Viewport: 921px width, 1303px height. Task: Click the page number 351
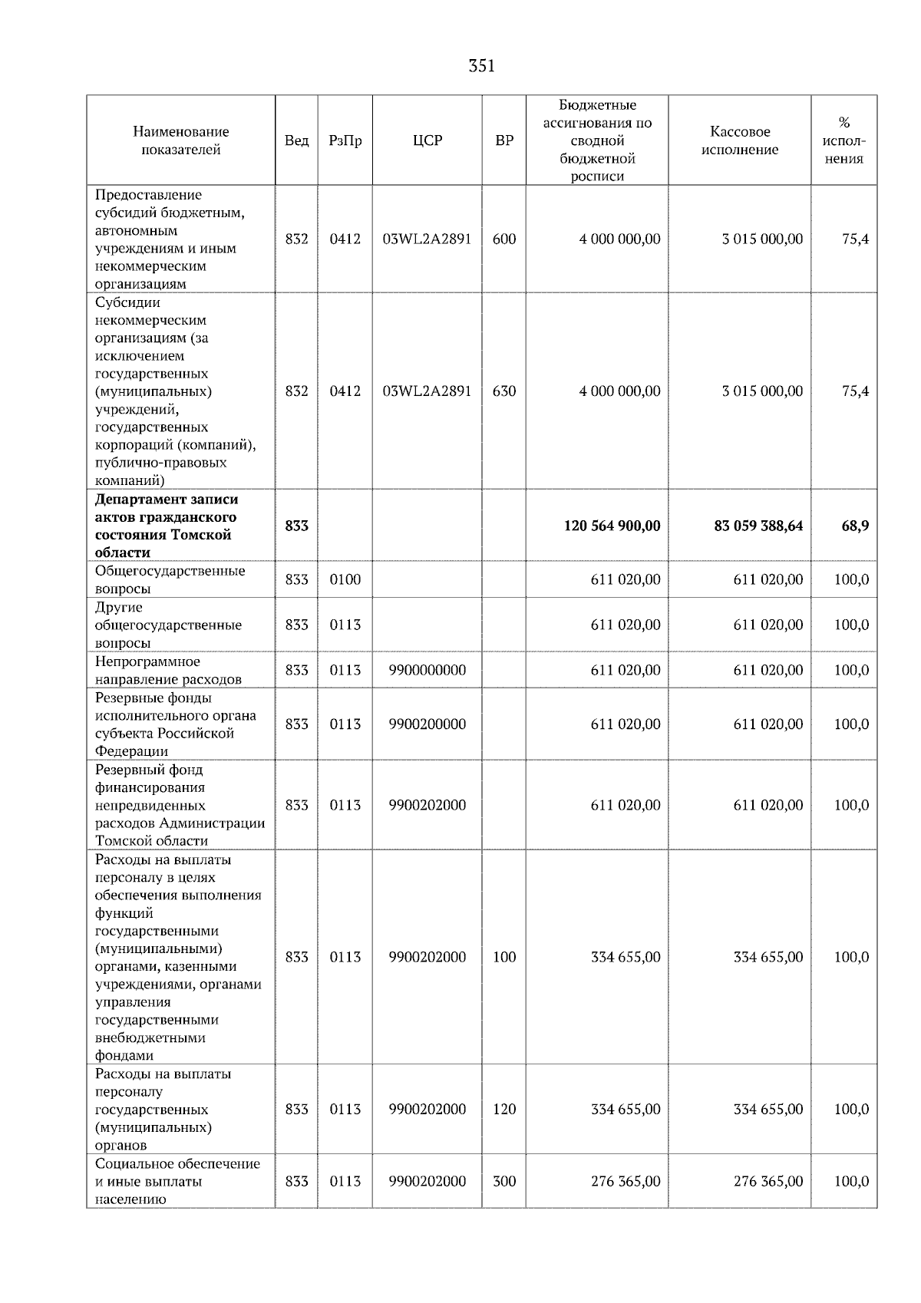481,67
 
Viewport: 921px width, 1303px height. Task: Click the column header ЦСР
427,140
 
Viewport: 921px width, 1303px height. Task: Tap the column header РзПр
345,140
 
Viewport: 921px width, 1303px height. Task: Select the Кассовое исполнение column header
739,140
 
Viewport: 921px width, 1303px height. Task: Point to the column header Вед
296,140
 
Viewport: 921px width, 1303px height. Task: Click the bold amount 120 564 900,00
612,526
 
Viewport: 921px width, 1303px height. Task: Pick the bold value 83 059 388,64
758,526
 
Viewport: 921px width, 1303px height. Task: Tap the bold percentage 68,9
854,526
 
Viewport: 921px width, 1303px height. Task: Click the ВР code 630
504,391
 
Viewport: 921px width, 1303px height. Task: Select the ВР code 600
504,239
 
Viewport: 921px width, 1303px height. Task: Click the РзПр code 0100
345,579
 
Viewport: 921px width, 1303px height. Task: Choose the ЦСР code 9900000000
427,670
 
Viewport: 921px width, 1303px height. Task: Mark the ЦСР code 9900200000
427,724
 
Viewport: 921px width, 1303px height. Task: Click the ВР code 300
504,1181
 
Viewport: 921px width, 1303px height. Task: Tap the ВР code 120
504,1109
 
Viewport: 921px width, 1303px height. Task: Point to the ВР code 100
504,957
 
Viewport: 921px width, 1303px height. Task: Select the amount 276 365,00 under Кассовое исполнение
767,1181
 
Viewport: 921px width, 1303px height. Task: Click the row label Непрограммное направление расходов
168,670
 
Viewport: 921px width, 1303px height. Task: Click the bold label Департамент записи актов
166,526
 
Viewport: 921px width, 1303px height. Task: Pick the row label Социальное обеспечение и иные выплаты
177,1181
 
